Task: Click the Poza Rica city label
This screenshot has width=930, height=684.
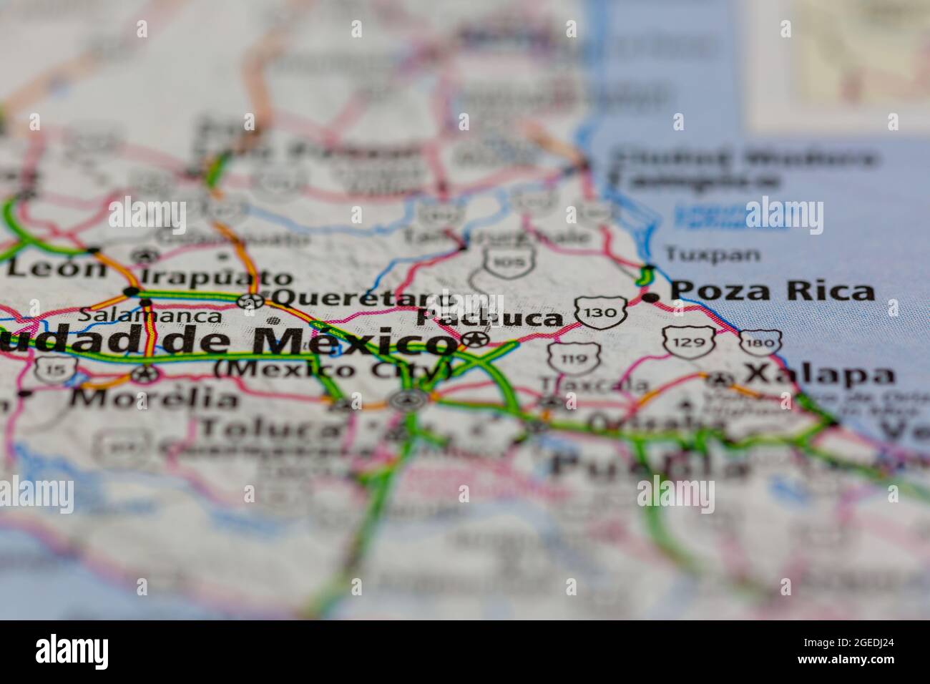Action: [773, 291]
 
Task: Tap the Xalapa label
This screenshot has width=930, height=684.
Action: [819, 374]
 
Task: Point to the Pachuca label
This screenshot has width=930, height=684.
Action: [491, 318]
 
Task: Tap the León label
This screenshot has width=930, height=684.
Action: [57, 268]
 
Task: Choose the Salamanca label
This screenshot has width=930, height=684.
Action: [150, 314]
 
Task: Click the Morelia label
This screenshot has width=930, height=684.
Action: [155, 398]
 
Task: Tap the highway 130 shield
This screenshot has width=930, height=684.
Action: [599, 312]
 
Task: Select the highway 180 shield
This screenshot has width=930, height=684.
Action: [759, 344]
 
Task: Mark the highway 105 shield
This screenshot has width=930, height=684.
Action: [509, 261]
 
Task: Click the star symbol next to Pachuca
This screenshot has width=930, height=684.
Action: [474, 338]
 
